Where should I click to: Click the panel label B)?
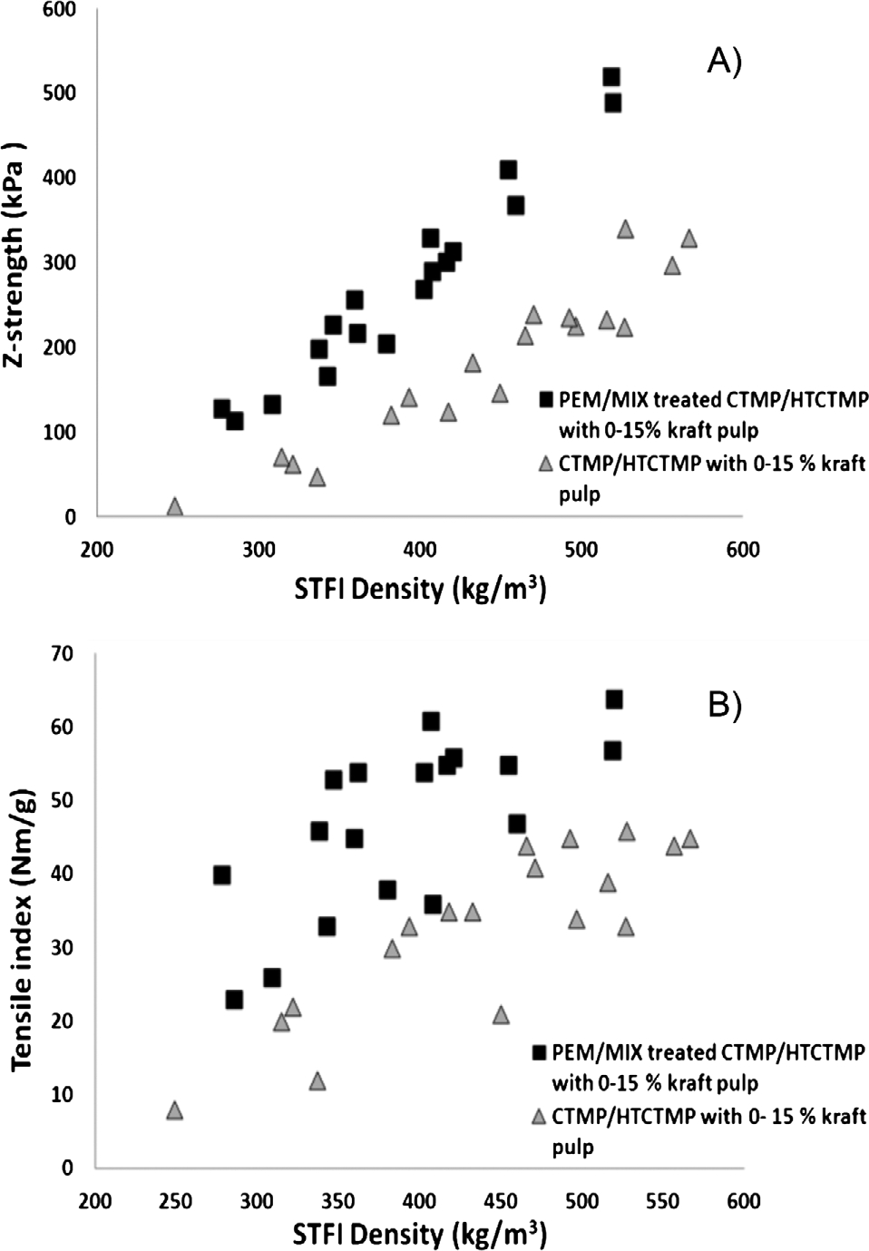click(x=724, y=705)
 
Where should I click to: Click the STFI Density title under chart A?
click(x=419, y=590)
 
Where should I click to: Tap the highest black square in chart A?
click(x=611, y=77)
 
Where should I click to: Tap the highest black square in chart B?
click(x=614, y=699)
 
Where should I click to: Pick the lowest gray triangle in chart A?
click(x=175, y=506)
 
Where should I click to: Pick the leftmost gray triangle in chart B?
click(x=174, y=1110)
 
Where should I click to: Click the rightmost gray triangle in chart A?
click(x=689, y=239)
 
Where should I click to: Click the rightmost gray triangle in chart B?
click(x=690, y=839)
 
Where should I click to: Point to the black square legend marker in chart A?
click(x=545, y=399)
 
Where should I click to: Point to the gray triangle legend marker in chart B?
click(x=540, y=1116)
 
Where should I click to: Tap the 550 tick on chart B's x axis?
click(x=662, y=1201)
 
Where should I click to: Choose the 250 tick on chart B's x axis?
click(x=175, y=1201)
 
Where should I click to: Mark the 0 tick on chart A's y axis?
click(x=70, y=517)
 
